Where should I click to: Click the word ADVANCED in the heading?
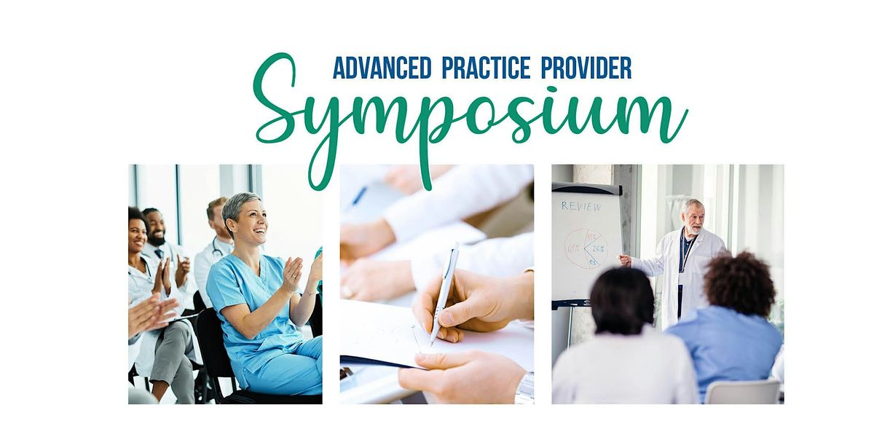382,68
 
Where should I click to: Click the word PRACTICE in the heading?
486,68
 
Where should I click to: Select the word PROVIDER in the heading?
586,68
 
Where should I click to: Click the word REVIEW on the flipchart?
581,206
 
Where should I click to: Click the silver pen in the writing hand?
444,291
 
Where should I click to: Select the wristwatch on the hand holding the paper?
524,388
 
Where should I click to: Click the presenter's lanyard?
684,251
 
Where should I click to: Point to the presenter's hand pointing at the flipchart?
625,259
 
